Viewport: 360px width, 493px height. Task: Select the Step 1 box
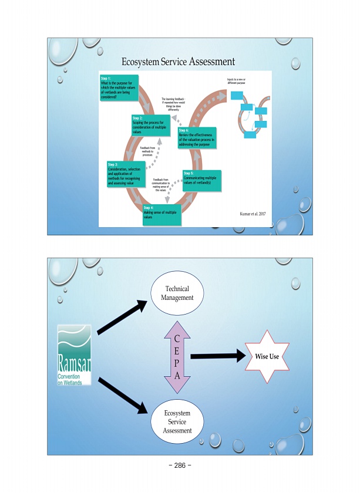119,87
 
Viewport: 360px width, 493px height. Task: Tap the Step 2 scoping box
150,124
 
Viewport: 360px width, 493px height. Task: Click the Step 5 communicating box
201,180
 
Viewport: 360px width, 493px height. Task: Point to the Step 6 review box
197,137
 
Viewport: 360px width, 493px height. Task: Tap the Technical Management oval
177,293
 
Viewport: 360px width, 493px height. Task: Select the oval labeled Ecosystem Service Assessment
177,422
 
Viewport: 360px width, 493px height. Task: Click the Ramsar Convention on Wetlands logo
75,355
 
